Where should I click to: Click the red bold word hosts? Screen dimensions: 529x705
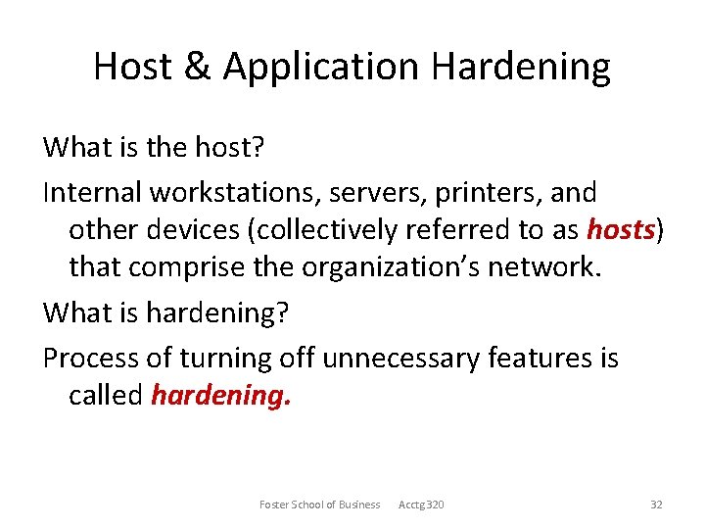(620, 230)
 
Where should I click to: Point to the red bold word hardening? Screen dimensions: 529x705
(221, 395)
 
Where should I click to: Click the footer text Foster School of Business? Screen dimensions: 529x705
(319, 505)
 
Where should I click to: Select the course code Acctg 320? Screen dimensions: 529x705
(421, 505)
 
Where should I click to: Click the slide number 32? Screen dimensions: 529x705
(656, 505)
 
